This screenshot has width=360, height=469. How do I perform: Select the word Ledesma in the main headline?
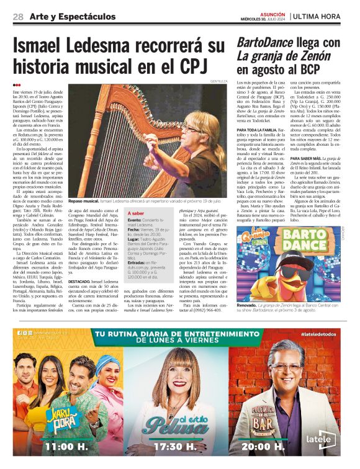119,46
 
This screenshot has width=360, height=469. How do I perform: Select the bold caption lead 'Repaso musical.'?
84,202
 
